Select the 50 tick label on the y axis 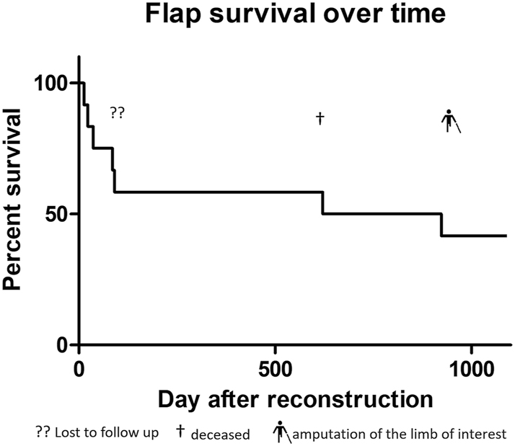tap(57, 214)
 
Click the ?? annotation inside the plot tap(117, 113)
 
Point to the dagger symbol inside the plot tap(320, 118)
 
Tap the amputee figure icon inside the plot tap(450, 120)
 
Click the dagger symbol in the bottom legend tap(180, 433)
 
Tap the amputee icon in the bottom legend tap(280, 432)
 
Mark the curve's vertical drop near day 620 tap(322, 202)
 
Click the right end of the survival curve tap(506, 236)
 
